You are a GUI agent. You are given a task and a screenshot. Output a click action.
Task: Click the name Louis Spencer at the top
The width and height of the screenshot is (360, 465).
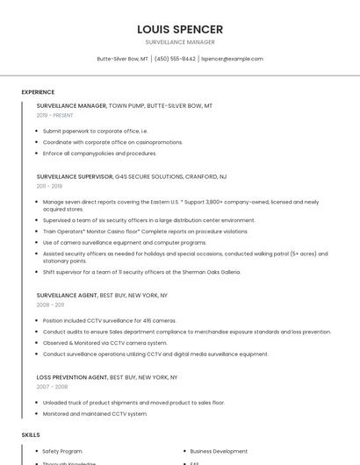(x=180, y=29)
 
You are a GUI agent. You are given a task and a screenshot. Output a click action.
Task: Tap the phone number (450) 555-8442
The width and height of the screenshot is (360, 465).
(x=175, y=59)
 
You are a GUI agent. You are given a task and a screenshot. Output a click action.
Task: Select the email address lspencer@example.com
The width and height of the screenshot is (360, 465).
(x=232, y=59)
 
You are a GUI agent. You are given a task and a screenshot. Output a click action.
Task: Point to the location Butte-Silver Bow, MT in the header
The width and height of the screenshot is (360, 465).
(x=122, y=59)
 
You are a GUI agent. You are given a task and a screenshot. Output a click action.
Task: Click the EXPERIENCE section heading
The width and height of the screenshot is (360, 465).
(x=38, y=92)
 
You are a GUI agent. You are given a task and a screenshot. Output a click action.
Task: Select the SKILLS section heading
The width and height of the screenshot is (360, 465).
(x=31, y=434)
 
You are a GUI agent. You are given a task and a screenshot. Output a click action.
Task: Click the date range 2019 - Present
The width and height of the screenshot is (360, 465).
(x=54, y=115)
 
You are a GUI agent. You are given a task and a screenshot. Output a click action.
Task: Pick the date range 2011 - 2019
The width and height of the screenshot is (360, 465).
(x=49, y=186)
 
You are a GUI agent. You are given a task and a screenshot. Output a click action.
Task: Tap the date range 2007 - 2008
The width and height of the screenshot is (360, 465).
(x=52, y=386)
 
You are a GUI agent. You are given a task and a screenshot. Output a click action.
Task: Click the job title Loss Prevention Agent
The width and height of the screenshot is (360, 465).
(x=72, y=377)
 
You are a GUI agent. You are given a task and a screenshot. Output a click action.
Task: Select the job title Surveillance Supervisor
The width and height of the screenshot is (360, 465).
(x=75, y=176)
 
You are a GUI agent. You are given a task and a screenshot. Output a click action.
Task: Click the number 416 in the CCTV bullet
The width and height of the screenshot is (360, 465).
(x=147, y=321)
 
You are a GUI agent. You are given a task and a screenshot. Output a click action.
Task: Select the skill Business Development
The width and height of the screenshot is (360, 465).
(x=219, y=451)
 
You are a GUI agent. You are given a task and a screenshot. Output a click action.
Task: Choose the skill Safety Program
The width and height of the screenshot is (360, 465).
(x=62, y=451)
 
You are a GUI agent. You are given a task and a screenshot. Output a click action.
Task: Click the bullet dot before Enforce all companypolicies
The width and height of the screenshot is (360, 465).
(x=36, y=154)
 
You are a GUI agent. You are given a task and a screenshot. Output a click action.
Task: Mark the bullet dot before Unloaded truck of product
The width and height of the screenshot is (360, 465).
(x=36, y=403)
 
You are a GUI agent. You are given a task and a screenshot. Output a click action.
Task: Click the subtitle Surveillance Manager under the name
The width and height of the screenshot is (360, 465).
(x=180, y=42)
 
